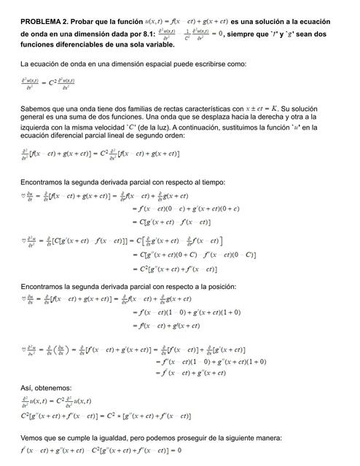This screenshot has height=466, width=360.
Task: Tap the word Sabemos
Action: (x=37, y=108)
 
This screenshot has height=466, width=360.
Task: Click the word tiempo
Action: (x=211, y=182)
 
